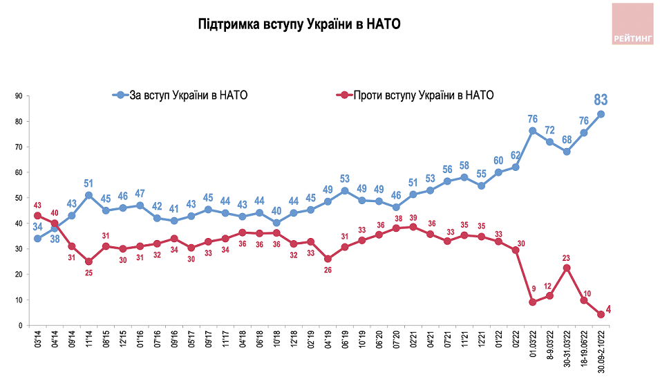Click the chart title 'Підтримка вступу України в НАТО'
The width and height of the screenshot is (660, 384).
[299, 24]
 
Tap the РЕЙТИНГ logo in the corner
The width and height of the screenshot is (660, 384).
[632, 24]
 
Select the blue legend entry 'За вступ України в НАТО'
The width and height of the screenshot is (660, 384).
[180, 95]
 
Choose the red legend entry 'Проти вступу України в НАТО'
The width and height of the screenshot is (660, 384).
[415, 95]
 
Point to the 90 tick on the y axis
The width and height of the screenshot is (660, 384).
[19, 96]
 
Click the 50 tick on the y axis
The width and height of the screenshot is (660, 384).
[19, 198]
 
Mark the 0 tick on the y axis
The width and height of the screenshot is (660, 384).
[20, 325]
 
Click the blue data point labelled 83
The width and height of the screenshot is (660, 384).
[601, 114]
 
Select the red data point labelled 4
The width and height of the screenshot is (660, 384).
[601, 314]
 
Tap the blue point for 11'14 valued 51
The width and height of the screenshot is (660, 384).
[89, 196]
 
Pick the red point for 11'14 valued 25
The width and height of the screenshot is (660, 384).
[89, 262]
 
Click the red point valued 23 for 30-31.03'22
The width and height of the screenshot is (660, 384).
[567, 268]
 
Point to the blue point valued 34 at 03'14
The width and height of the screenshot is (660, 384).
[37, 239]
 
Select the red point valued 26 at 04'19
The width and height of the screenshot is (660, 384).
[328, 259]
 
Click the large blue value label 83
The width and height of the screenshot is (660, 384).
[601, 100]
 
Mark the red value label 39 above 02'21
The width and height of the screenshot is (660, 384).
[413, 217]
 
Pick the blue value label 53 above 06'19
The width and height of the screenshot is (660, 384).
[345, 179]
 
